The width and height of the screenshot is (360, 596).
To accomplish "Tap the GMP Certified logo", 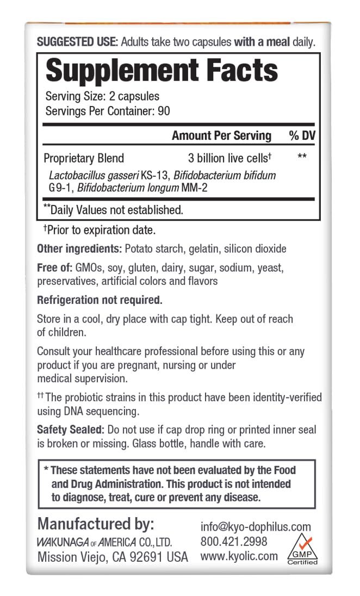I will pos(302,549).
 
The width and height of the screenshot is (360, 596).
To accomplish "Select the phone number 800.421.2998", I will pos(234,542).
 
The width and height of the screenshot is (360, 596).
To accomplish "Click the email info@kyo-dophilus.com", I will pos(256,526).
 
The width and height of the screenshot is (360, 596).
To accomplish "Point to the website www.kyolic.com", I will pos(239,556).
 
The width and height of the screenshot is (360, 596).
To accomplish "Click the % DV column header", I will pos(302,136).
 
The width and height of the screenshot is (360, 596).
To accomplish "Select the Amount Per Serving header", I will pos(221,136).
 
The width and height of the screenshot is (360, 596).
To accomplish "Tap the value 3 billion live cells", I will pos(228,158).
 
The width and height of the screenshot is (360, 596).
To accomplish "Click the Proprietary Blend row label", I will pos(84,158).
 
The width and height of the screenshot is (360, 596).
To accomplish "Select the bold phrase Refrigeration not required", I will pos(100,300).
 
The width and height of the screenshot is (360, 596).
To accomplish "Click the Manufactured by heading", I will pos(96,524).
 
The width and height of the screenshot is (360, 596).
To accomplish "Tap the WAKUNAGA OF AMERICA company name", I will pos(104,542).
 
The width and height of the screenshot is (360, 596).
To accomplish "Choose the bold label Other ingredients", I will pos(79,249).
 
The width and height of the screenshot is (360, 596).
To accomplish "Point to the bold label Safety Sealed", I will pos(69,430).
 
